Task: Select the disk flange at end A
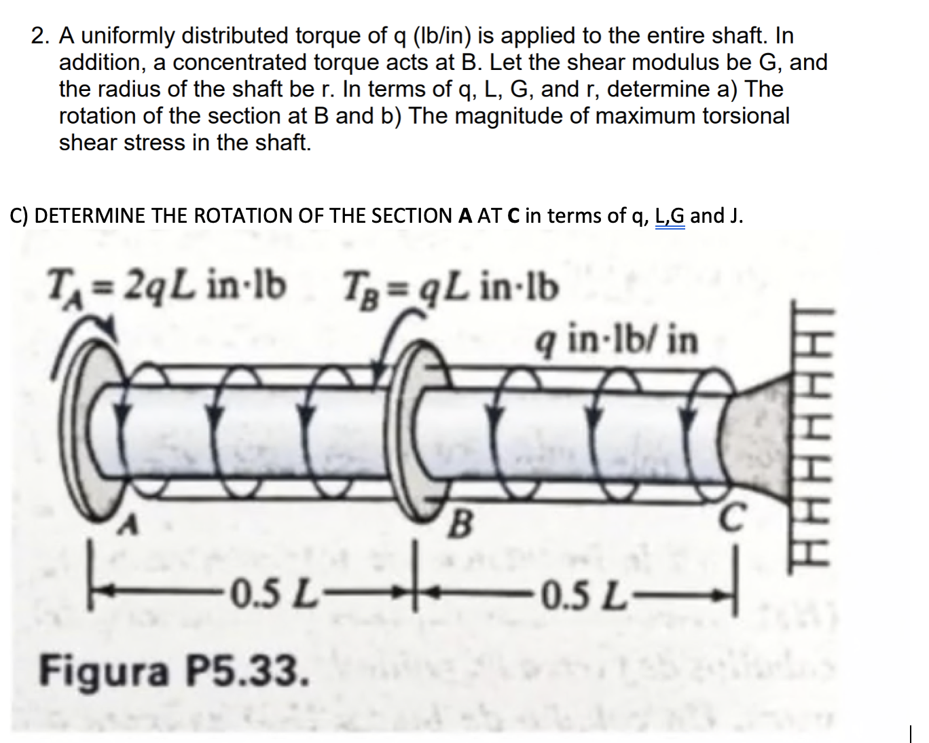click(x=88, y=424)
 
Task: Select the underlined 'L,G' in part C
click(x=670, y=216)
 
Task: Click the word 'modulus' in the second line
click(x=680, y=62)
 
